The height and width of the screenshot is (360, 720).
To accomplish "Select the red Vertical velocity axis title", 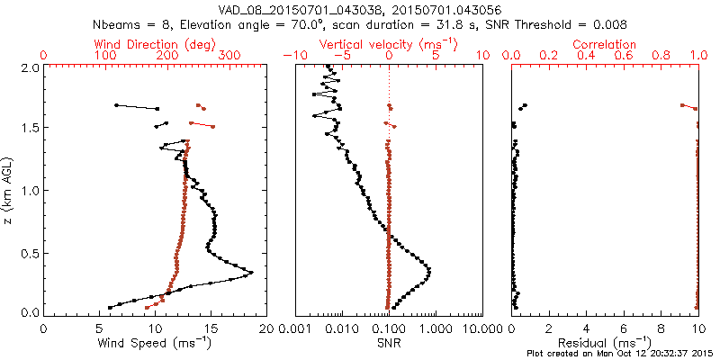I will pos(388,43).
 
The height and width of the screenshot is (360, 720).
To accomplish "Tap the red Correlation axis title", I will pos(605,43).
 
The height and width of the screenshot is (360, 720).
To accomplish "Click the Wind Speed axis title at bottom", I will pos(155,343).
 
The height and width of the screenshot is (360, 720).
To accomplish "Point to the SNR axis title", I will pos(389,343).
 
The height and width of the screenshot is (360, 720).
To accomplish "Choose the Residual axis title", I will pos(605,343).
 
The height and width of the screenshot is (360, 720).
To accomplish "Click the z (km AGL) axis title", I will pos(11,189).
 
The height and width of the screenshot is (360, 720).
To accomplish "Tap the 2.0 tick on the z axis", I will pos(29,67).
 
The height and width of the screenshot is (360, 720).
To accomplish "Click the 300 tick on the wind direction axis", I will pos(229,55).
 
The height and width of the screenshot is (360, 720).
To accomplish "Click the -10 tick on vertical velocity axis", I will pos(292,55).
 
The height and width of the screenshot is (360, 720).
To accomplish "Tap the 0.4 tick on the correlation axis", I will pos(587,55).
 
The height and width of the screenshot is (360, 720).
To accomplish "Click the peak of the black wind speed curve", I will pos(252,272).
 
